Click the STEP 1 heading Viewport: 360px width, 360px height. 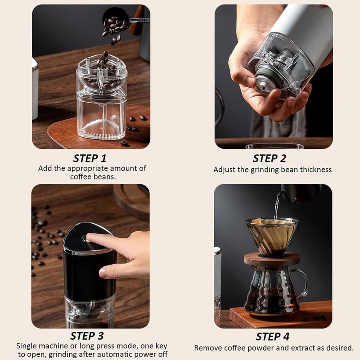(x=90, y=158)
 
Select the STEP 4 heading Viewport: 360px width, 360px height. (x=273, y=337)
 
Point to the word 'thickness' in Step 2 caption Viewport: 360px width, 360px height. (x=315, y=170)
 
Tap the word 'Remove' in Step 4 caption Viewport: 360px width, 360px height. (x=208, y=348)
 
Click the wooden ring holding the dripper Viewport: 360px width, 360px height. (x=271, y=259)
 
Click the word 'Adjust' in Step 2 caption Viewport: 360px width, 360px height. (x=224, y=170)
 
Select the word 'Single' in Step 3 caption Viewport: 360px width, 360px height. (x=27, y=346)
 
